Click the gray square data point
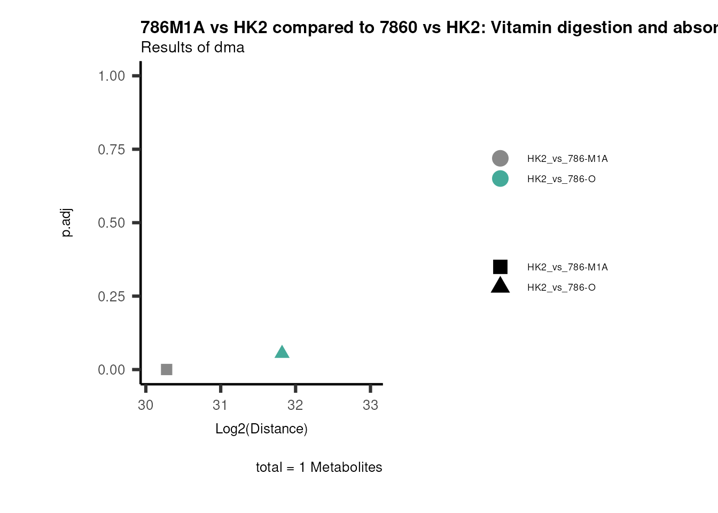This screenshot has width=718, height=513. click(x=167, y=369)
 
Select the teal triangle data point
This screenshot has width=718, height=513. click(x=282, y=352)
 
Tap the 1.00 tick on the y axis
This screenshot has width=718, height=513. click(x=111, y=76)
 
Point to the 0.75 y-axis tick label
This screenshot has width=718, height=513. click(x=111, y=150)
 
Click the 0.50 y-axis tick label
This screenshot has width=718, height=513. click(x=111, y=223)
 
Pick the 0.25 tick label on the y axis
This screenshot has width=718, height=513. click(x=111, y=297)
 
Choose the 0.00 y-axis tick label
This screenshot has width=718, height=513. click(x=111, y=370)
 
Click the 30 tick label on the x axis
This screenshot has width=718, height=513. click(x=146, y=405)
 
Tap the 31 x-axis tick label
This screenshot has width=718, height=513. click(x=221, y=405)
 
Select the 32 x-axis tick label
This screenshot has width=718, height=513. click(x=295, y=405)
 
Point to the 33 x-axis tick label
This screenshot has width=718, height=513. click(x=371, y=405)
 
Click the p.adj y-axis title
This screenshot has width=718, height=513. click(x=66, y=223)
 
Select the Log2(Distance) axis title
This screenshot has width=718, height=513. click(x=261, y=429)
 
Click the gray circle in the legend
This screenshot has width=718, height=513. click(x=500, y=158)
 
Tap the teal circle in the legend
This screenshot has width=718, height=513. click(x=500, y=178)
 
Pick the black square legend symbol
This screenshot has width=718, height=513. click(x=500, y=267)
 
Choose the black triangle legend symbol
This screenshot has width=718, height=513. click(x=500, y=286)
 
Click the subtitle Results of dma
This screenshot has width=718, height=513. click(x=192, y=48)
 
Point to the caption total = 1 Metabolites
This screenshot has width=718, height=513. click(x=319, y=467)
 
